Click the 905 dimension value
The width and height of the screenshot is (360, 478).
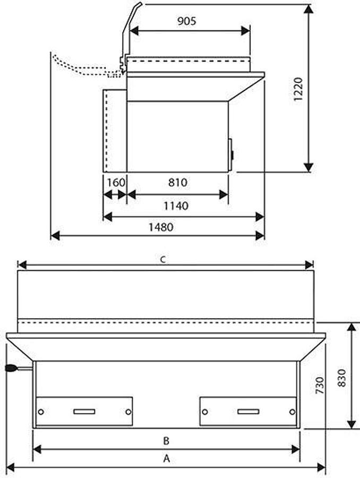coord(186,21)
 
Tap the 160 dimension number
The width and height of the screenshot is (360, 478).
coord(115,182)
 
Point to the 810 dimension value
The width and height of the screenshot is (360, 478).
coord(177,182)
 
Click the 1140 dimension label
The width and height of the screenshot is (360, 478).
coord(176,206)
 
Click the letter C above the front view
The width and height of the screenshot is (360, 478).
coord(164,259)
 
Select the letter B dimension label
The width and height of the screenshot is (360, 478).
coord(166,440)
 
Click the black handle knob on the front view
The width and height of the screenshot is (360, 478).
coord(11,368)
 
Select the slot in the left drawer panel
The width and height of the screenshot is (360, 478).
coord(84,412)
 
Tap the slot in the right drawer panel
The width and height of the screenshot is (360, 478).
coord(248,412)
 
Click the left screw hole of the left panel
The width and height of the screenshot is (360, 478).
coord(41,412)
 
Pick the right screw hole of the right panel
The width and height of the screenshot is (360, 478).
coord(292,412)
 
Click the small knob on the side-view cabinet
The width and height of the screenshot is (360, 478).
coord(232,155)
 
